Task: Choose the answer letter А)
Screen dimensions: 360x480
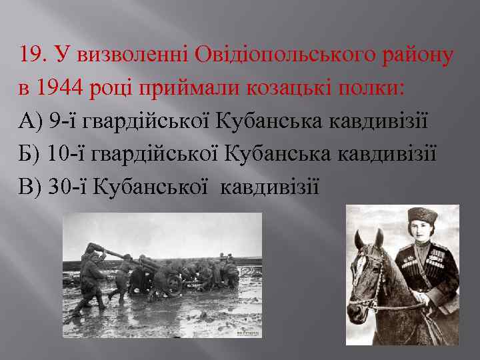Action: click(x=31, y=121)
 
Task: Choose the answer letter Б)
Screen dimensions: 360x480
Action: click(x=31, y=155)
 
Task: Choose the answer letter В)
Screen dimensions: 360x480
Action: click(x=31, y=188)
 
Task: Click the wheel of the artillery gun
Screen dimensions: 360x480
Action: click(x=175, y=285)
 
